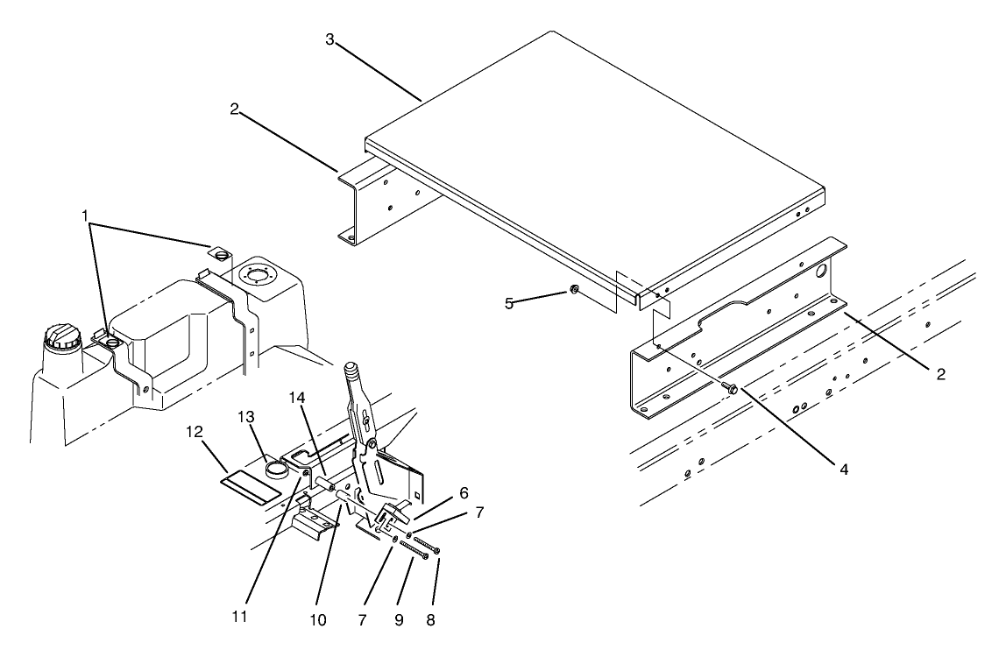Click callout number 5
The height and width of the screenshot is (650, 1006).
(x=508, y=304)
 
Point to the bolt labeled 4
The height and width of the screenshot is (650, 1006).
(x=727, y=386)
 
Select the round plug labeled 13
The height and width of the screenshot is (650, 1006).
(x=277, y=468)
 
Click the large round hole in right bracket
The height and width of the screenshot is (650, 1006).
(x=822, y=272)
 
